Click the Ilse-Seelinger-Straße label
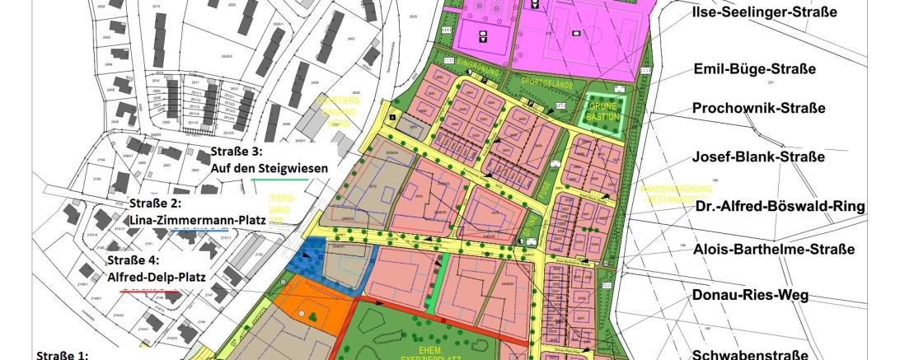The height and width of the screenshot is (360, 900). click(x=766, y=12)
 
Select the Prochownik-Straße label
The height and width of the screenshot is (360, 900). click(x=758, y=108)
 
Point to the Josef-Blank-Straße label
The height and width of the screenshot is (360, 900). click(x=758, y=157)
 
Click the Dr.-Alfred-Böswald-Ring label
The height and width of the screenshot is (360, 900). click(x=780, y=206)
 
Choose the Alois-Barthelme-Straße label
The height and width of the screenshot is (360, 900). click(x=774, y=249)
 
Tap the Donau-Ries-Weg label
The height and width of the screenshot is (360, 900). click(x=750, y=295)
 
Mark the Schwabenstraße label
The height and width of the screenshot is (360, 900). click(x=749, y=355)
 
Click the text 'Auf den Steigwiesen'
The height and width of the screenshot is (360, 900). click(x=270, y=167)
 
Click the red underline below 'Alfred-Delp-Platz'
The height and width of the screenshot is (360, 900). click(x=152, y=291)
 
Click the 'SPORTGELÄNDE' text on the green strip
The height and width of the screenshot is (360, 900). click(x=544, y=82)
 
